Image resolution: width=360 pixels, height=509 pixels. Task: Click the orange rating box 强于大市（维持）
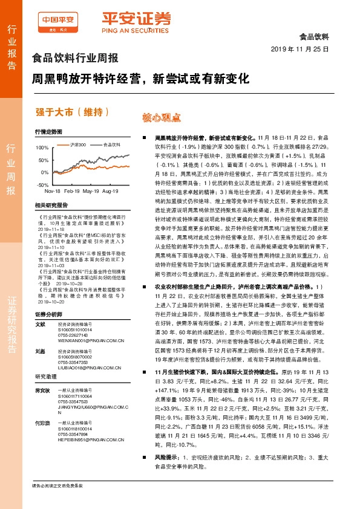click(65, 111)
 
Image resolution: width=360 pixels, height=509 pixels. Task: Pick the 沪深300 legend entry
click(79, 145)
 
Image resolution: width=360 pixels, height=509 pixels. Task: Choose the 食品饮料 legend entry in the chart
click(113, 145)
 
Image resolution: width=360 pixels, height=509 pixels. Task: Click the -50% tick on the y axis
click(41, 184)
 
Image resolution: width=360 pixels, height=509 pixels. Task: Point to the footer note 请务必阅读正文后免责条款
click(57, 485)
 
